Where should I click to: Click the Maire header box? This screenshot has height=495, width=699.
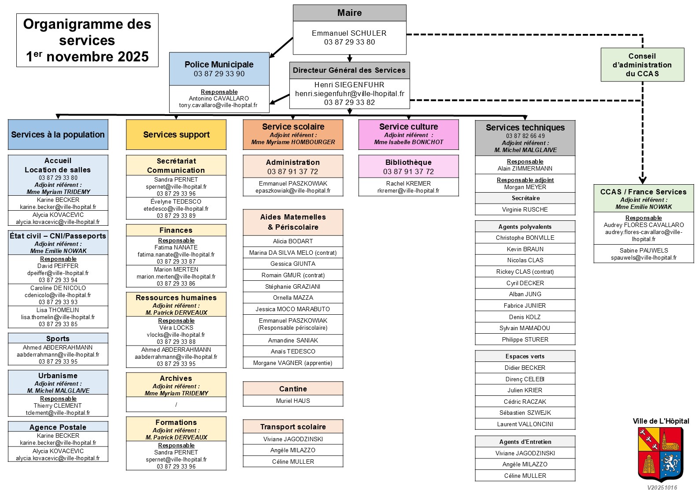(x=349, y=13)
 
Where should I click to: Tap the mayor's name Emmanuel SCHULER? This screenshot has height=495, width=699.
(x=349, y=33)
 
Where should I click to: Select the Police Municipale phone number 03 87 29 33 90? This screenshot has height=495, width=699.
(x=219, y=74)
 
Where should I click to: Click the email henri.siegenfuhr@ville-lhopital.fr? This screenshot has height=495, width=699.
(x=349, y=93)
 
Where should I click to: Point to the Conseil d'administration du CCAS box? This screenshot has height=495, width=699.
(x=642, y=65)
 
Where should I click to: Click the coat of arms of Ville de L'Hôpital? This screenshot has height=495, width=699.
(x=660, y=454)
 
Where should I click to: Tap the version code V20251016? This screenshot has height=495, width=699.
(x=662, y=488)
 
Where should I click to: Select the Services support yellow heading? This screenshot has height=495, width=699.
(x=176, y=134)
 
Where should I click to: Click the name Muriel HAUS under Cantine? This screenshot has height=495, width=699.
(x=293, y=401)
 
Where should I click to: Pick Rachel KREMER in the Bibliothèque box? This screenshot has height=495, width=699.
(x=408, y=183)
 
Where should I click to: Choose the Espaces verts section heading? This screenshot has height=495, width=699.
(x=525, y=356)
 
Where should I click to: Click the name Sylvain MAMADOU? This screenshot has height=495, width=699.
(x=525, y=328)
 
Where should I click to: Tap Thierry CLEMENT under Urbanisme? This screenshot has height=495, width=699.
(x=58, y=406)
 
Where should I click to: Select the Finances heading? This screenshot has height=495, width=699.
(x=176, y=230)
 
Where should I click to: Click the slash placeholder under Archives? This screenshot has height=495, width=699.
(x=176, y=405)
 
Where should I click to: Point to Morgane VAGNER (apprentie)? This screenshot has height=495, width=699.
(x=293, y=363)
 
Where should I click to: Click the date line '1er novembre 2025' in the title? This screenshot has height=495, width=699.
(x=87, y=56)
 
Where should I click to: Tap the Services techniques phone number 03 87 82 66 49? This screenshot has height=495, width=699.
(x=525, y=136)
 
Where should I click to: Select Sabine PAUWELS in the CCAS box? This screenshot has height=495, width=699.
(x=644, y=250)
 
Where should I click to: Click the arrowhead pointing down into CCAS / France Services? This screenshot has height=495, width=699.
(x=643, y=180)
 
